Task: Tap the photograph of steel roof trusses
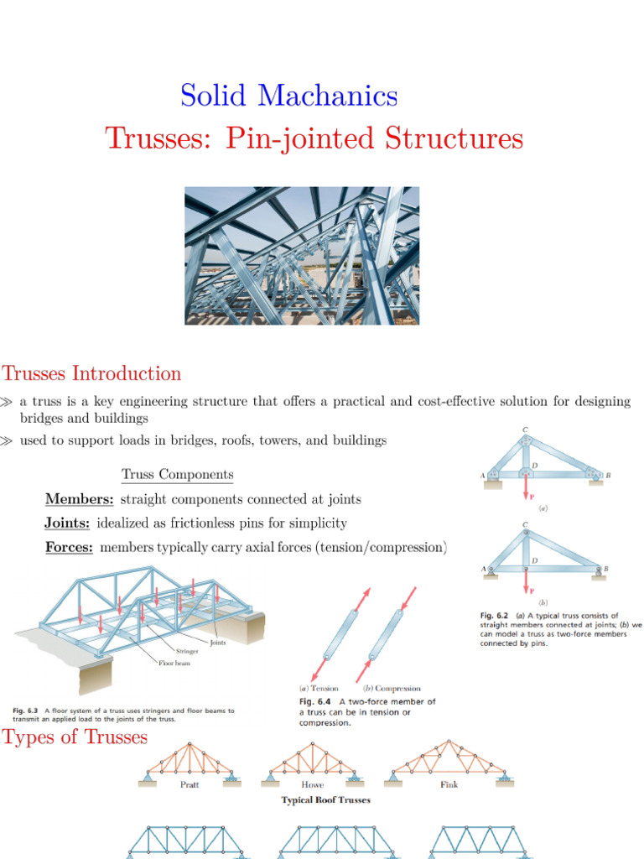point(302,255)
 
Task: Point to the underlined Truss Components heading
point(177,475)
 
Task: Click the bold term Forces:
point(69,547)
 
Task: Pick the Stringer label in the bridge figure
point(187,650)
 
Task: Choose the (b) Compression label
point(392,688)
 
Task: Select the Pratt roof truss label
point(189,784)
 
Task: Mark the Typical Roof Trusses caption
point(325,800)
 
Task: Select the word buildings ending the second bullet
point(359,440)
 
